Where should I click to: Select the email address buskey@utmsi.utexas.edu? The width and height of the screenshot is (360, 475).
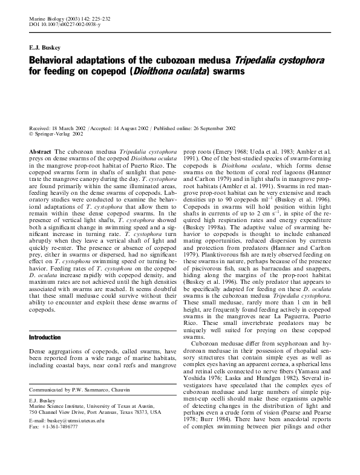[75, 419]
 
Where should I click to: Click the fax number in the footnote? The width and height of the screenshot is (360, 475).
[61, 426]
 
